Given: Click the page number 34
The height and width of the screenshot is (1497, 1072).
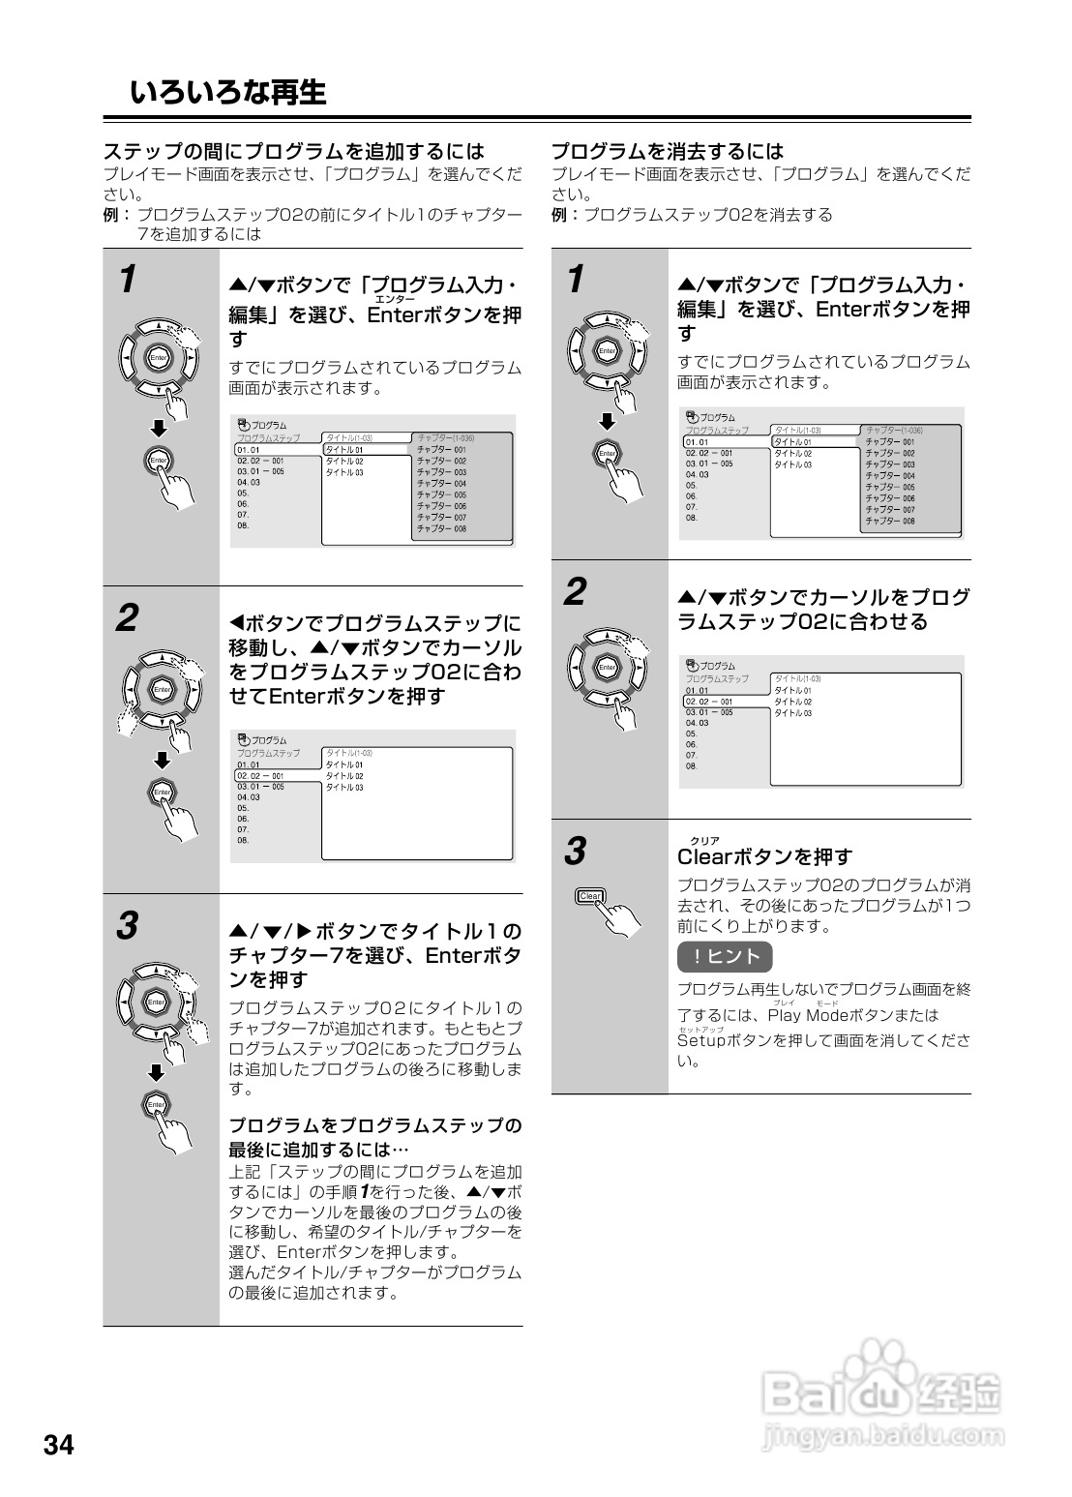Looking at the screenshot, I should [58, 1446].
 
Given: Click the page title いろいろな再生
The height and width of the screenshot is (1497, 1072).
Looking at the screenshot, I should [228, 93].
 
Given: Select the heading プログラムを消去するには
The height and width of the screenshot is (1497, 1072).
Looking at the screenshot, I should [667, 151].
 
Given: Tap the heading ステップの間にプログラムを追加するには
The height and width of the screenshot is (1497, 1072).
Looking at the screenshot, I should [293, 151].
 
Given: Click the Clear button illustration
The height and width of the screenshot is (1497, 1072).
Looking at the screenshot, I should [589, 896].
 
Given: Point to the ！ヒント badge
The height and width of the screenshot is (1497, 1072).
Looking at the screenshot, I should [725, 957].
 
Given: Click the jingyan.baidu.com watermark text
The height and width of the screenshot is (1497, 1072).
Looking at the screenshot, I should [879, 1436].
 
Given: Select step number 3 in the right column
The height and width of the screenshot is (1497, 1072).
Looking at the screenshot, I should [575, 853].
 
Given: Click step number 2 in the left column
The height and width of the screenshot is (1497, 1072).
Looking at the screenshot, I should [127, 618].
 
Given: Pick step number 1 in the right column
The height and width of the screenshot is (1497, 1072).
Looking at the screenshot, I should [575, 280].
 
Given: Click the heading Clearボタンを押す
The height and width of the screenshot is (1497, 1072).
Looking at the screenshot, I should [764, 856].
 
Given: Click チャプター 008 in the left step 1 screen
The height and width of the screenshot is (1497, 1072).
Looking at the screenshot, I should [441, 529].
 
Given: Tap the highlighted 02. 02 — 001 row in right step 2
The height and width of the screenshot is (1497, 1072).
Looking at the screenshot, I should [710, 702].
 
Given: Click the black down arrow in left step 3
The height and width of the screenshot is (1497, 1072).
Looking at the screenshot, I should [157, 1071].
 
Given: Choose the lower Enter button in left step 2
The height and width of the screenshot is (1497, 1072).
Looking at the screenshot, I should [161, 793].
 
